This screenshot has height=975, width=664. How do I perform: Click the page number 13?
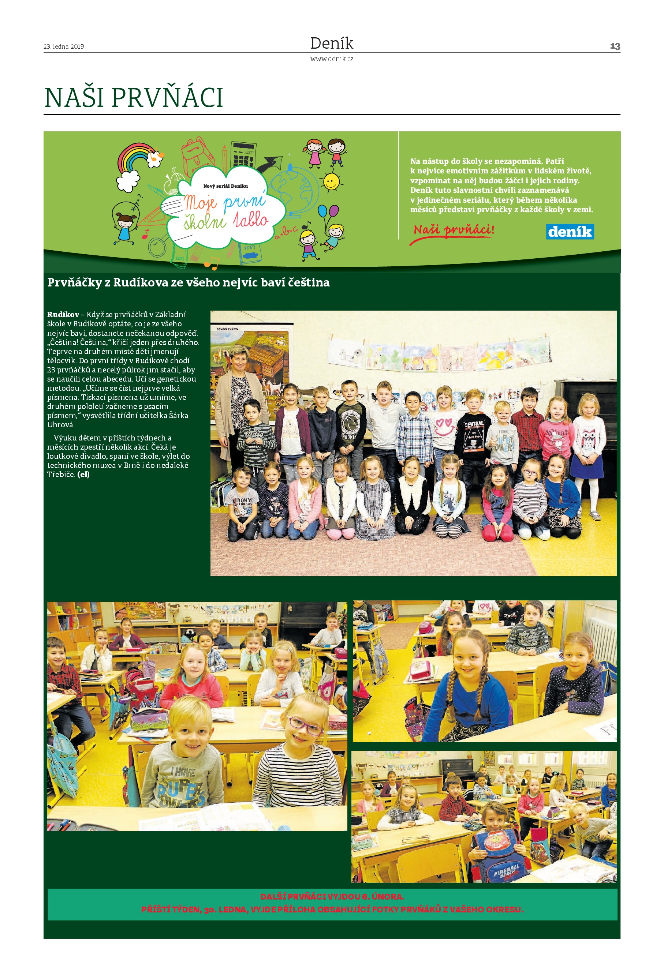click(x=615, y=46)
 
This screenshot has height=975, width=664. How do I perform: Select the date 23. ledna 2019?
click(x=64, y=46)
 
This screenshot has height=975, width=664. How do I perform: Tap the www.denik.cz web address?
click(x=332, y=59)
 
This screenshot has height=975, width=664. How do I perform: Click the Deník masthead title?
click(x=332, y=43)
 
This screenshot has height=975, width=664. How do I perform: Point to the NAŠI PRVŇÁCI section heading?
click(x=134, y=98)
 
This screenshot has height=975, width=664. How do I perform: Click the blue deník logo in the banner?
click(x=570, y=232)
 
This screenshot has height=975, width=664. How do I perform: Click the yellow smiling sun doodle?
click(x=331, y=182)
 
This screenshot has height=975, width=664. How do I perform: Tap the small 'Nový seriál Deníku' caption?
click(x=225, y=186)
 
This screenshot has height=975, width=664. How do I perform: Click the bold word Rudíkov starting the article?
click(x=63, y=315)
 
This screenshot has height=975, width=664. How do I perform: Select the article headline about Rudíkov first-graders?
click(x=189, y=283)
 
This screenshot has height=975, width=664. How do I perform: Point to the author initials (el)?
click(x=83, y=475)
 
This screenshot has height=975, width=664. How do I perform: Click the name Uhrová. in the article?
click(x=60, y=424)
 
